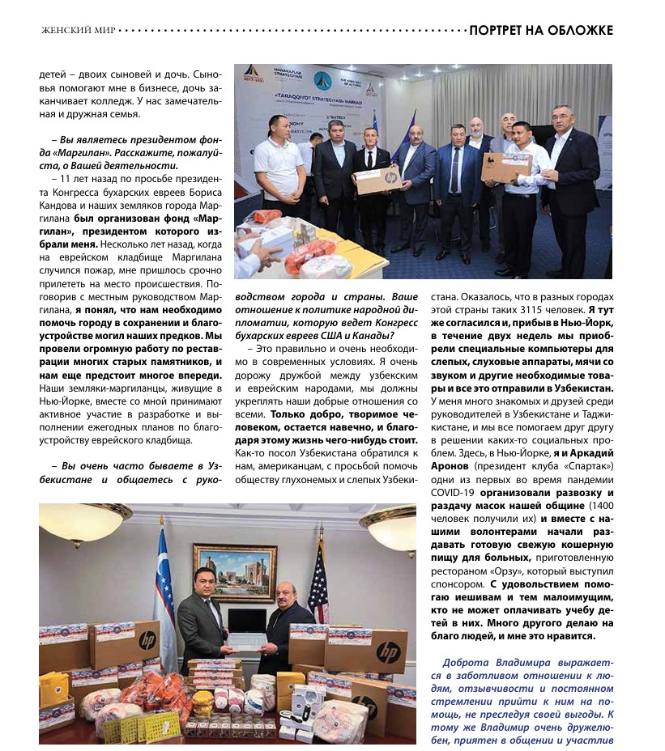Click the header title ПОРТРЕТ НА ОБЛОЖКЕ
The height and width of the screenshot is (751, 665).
(540, 31)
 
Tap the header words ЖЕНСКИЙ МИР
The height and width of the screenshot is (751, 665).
(77, 32)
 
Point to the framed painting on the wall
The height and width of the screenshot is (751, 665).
(235, 571)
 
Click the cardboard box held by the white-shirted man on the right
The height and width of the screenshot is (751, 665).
(505, 166)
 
